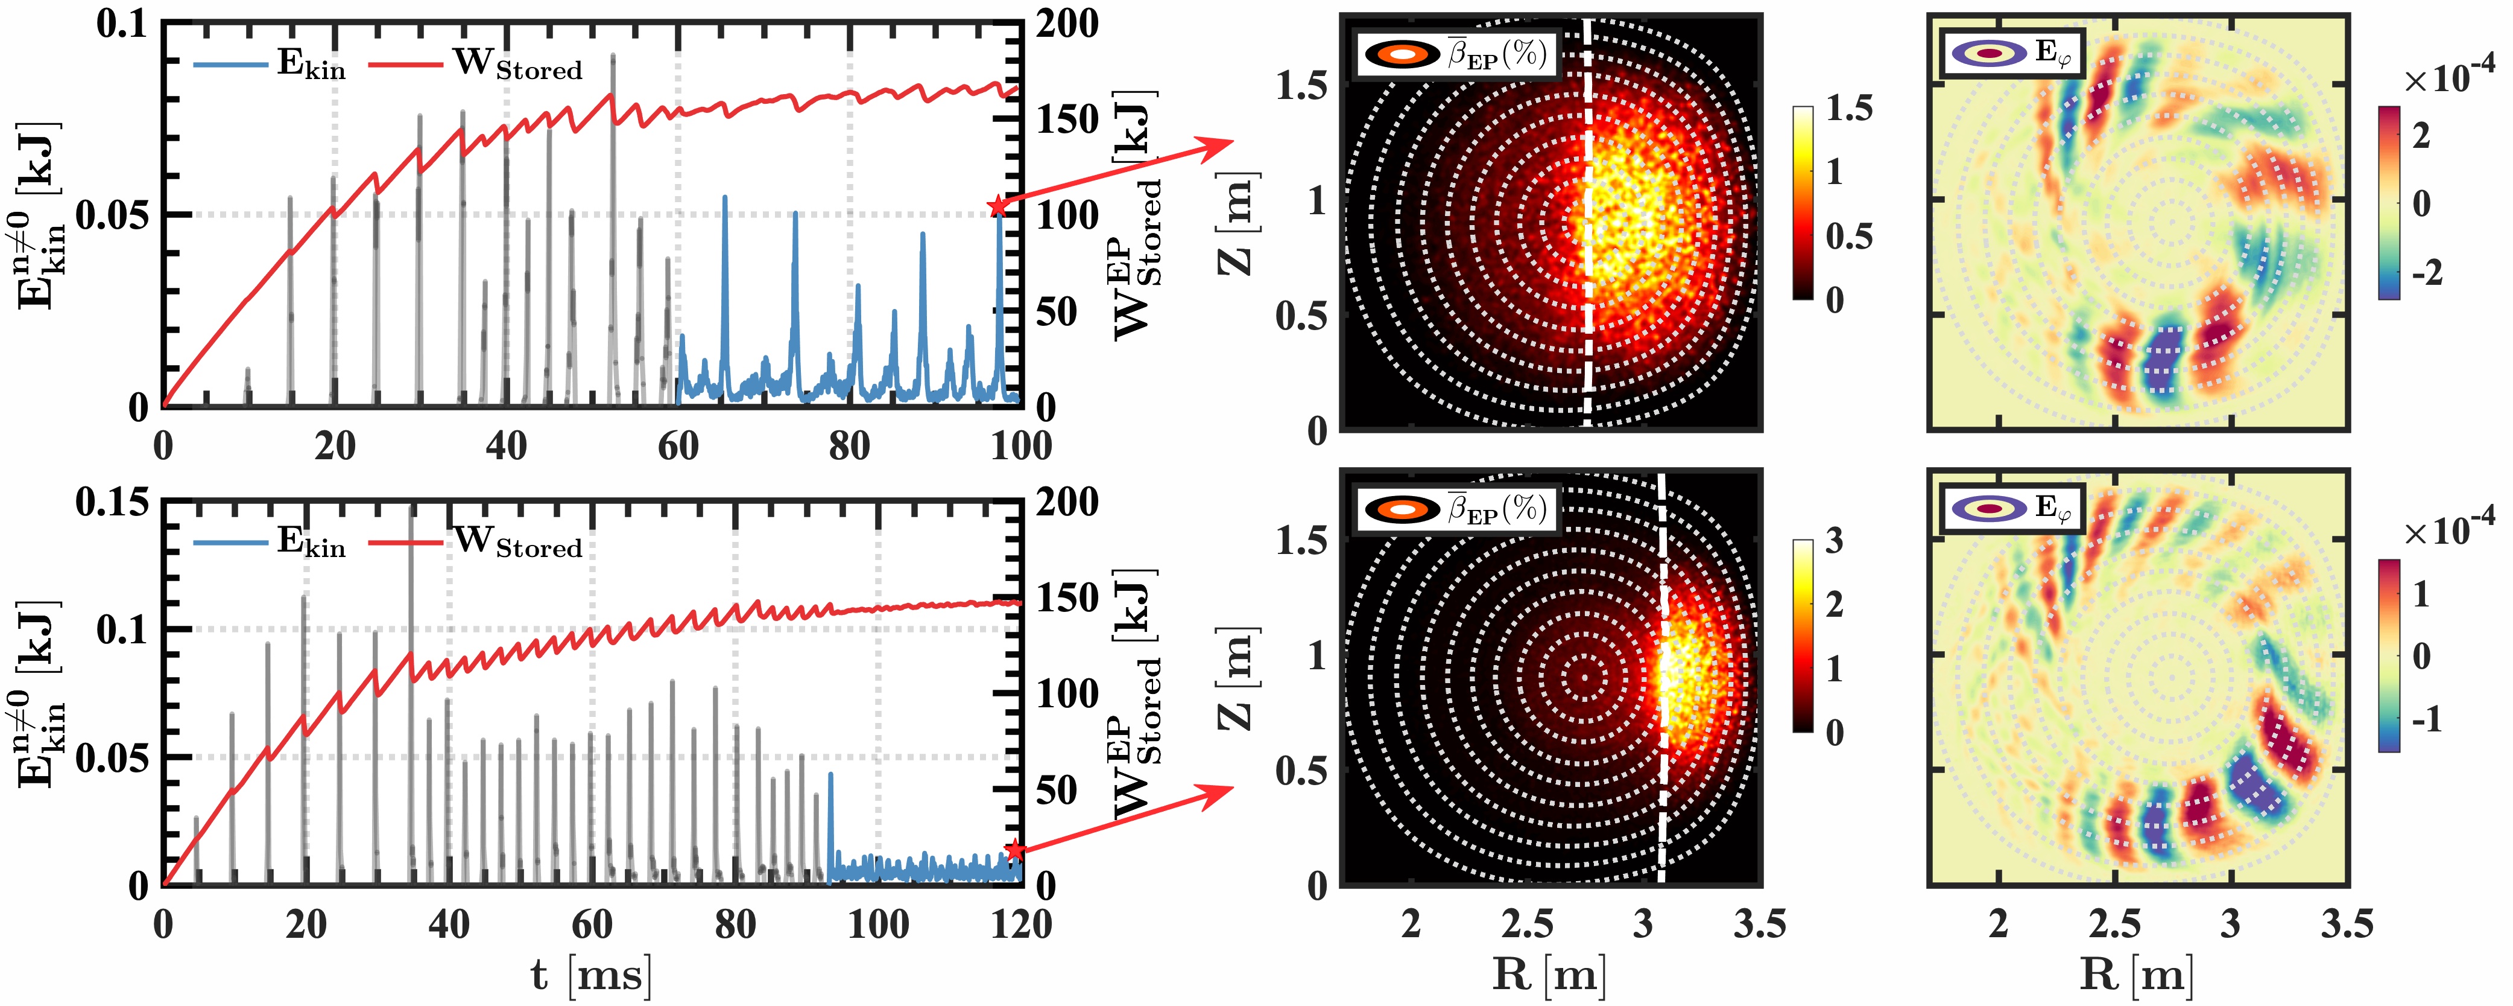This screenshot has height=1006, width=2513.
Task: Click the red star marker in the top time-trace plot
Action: click(x=996, y=206)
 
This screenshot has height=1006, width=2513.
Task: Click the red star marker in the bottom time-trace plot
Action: click(x=1014, y=850)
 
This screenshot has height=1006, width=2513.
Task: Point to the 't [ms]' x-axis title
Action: click(x=591, y=975)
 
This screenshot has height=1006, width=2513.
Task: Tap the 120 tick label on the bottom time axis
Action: click(x=1020, y=924)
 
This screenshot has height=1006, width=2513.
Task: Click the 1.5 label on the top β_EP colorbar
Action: click(x=1848, y=108)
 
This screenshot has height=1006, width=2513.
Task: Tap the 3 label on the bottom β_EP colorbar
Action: click(x=1834, y=541)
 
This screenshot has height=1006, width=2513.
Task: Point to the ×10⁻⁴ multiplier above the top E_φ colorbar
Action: click(x=2448, y=78)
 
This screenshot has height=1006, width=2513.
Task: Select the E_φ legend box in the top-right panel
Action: click(x=2012, y=54)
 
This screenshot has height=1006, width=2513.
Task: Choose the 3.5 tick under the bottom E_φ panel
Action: click(x=2346, y=924)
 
